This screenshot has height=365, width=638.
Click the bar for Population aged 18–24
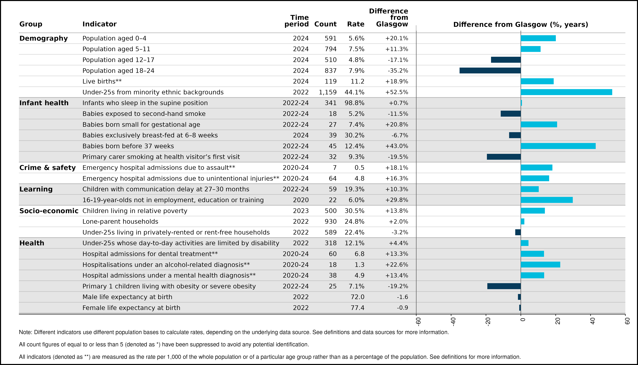(490, 70)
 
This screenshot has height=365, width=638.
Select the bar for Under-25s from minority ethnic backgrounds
(566, 92)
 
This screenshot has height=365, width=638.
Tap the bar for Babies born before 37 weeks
(558, 146)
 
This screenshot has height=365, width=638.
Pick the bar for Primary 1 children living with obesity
(504, 286)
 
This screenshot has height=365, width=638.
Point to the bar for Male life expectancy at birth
(519, 297)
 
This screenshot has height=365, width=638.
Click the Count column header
(325, 24)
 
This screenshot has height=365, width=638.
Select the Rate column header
(356, 24)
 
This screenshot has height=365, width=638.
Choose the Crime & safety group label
(47, 168)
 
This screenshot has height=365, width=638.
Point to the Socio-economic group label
(49, 211)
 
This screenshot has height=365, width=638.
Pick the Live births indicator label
(102, 81)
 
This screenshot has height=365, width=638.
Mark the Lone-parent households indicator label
(120, 222)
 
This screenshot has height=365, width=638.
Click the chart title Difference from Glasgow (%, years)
(521, 25)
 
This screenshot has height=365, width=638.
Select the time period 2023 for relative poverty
(301, 211)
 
